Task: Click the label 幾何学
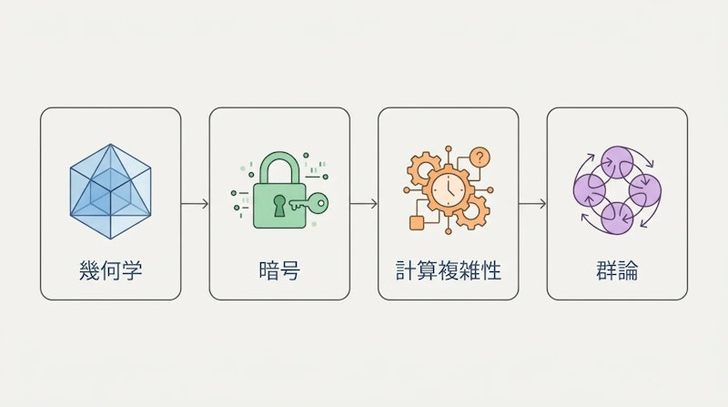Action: pos(110,270)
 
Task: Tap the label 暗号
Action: pos(279,270)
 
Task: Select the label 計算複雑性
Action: pos(449,270)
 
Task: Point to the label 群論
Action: pos(617,270)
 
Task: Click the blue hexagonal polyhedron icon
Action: pos(110,191)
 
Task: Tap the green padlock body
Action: pos(279,206)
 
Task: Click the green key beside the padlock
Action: pos(309,204)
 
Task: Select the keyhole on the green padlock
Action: pos(279,206)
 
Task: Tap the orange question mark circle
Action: pos(480,157)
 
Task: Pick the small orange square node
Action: pos(417,223)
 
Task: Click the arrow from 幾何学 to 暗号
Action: pos(195,204)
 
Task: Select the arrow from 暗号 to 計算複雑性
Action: pos(364,204)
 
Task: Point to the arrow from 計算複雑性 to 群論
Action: pos(532,204)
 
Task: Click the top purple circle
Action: pos(617,162)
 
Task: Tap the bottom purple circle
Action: pos(617,219)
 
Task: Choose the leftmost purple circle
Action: pos(590,190)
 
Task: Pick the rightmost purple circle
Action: pos(645,191)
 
